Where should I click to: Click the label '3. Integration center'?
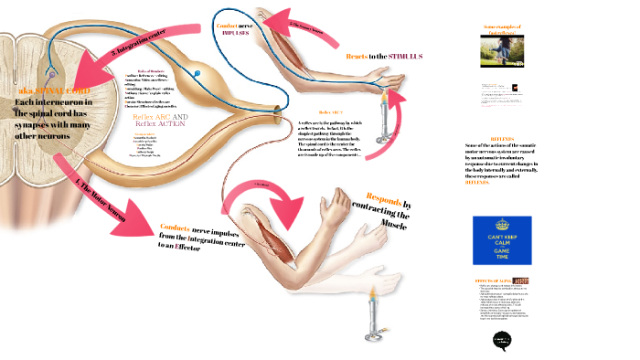click(x=138, y=50)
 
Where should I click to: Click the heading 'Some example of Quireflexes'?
click(x=501, y=31)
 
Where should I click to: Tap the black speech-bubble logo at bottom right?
click(x=501, y=340)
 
